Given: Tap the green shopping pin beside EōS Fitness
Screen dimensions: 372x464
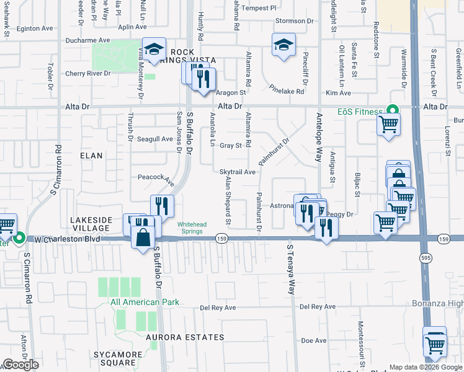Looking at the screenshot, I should [391, 109].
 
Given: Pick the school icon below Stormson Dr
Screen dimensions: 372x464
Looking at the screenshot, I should [283, 45].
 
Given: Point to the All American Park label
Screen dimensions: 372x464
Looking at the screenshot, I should [145, 303].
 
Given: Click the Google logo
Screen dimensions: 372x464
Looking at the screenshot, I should [20, 365].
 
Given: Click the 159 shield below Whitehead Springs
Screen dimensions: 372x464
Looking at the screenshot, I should [221, 239].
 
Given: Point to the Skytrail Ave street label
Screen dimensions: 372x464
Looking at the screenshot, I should [238, 172].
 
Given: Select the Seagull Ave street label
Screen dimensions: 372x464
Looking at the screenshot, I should [155, 139].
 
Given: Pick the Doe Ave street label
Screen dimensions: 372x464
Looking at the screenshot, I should [313, 340].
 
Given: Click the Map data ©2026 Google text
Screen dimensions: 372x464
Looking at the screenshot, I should [426, 367].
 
